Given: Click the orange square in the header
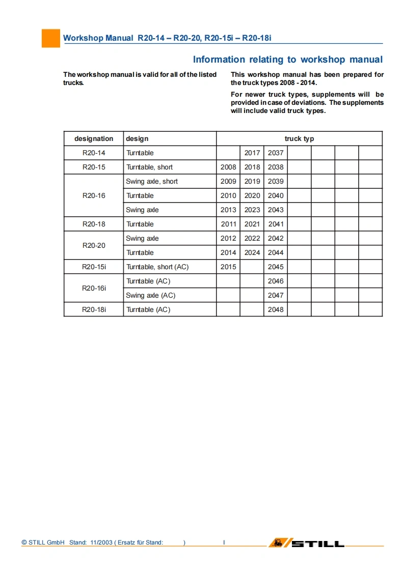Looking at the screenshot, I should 50,38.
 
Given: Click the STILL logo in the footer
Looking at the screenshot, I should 307,543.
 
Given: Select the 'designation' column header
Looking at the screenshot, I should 94,138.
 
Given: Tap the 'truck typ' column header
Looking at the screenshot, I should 299,138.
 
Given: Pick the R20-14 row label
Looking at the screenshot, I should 94,153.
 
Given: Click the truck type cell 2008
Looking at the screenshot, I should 228,167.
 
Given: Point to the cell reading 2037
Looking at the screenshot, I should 276,153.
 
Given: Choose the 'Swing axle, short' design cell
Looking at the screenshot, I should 152,181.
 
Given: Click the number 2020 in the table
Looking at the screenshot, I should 252,195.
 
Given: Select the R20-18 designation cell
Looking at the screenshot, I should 94,224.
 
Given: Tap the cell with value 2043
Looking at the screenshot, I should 276,210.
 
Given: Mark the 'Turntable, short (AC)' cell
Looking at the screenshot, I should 157,267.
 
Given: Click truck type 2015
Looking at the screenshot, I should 228,267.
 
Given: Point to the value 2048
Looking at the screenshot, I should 276,309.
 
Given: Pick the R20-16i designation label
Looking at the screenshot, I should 94,288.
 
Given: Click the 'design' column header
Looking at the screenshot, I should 138,138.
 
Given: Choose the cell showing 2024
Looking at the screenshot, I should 252,252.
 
